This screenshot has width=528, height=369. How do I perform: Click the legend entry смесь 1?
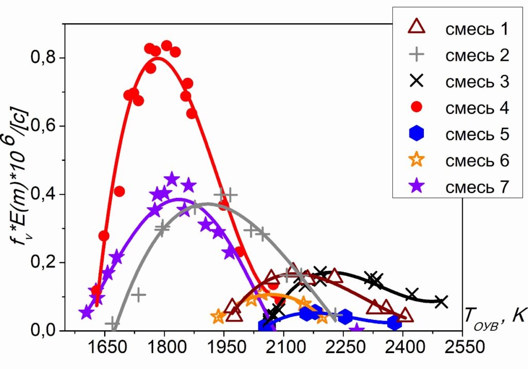click(476, 28)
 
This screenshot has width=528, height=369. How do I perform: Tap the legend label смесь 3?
click(476, 81)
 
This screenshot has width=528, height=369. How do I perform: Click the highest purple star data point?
click(172, 179)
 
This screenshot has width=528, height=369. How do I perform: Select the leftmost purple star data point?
click(86, 313)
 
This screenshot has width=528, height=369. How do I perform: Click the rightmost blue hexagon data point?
click(395, 323)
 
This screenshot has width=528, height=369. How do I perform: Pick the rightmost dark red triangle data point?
click(405, 315)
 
